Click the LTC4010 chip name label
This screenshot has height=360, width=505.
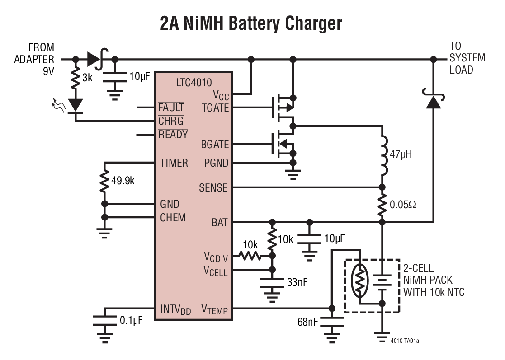[x=193, y=82]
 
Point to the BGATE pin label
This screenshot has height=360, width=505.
[x=214, y=145]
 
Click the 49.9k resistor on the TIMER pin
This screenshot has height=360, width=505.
[x=105, y=181]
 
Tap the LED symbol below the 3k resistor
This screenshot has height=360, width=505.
[x=75, y=105]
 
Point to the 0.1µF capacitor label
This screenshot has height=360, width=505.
[x=131, y=321]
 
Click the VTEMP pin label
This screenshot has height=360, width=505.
[x=214, y=310]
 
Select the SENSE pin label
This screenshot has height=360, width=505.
[x=213, y=187]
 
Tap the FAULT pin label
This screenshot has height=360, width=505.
[x=171, y=108]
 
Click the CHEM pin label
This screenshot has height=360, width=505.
[x=173, y=217]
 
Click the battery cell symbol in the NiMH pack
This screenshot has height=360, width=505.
[x=382, y=282]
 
